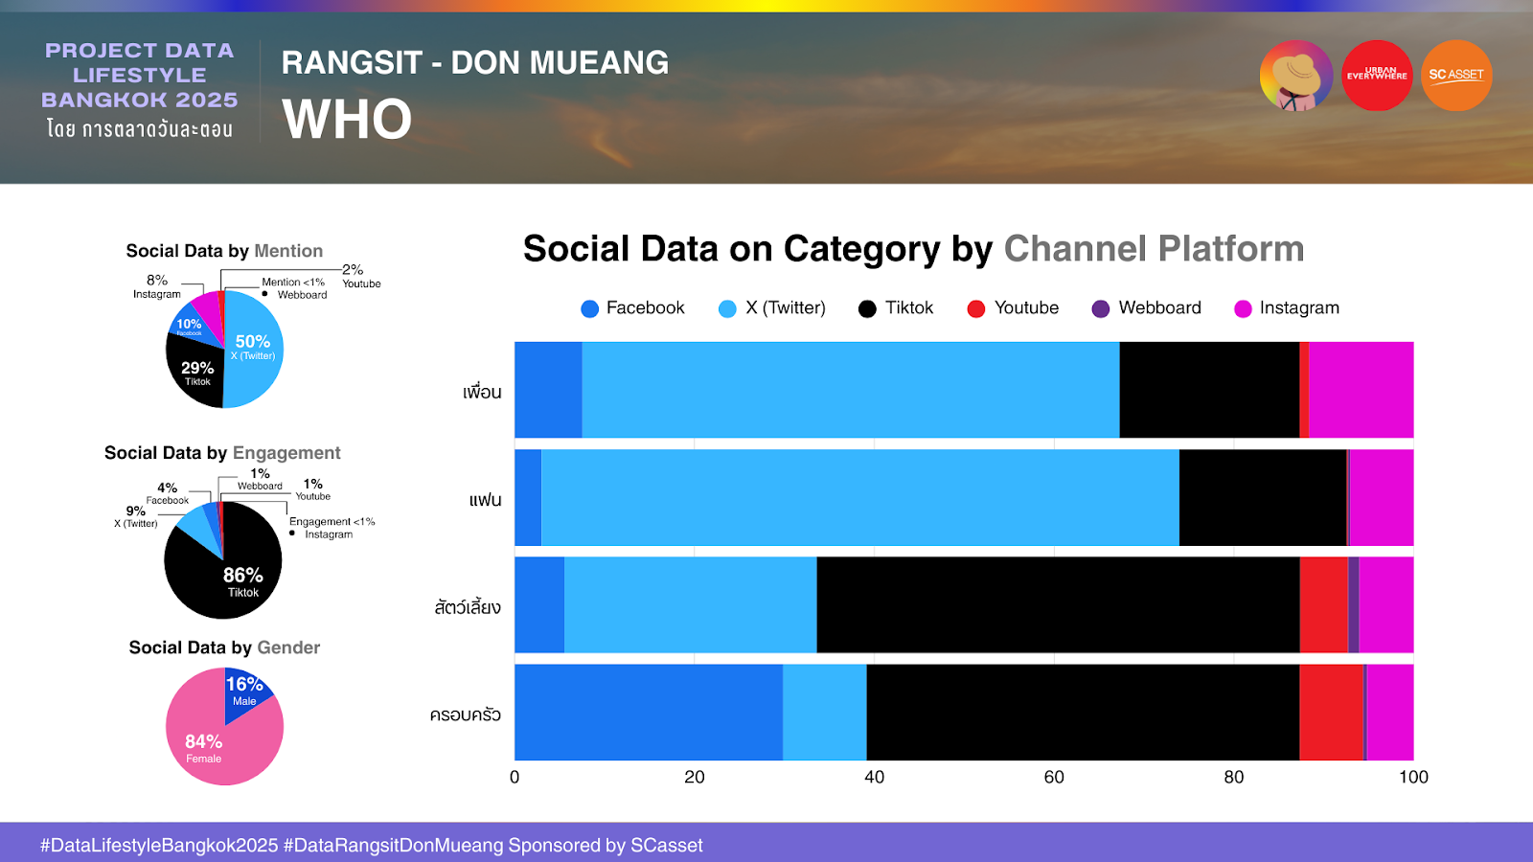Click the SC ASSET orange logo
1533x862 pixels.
click(1455, 75)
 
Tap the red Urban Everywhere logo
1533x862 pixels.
click(1377, 75)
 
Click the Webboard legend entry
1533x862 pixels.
click(1147, 308)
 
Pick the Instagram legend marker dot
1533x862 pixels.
click(1243, 308)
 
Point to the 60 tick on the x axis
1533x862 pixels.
click(1054, 777)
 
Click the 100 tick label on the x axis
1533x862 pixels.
click(1413, 777)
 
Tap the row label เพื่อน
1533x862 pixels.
click(482, 392)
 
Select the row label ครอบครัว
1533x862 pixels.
click(466, 715)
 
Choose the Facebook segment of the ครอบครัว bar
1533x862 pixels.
click(649, 713)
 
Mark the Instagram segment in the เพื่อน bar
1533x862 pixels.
click(1361, 390)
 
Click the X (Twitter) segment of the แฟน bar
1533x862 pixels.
click(859, 497)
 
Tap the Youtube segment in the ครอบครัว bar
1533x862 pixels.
click(1331, 713)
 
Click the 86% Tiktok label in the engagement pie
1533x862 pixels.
click(242, 580)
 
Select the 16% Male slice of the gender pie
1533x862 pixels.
click(245, 692)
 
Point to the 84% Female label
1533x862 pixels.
click(203, 747)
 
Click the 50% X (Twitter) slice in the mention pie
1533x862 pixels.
click(254, 349)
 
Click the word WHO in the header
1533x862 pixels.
click(347, 120)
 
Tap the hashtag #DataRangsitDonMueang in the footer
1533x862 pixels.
click(393, 846)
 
